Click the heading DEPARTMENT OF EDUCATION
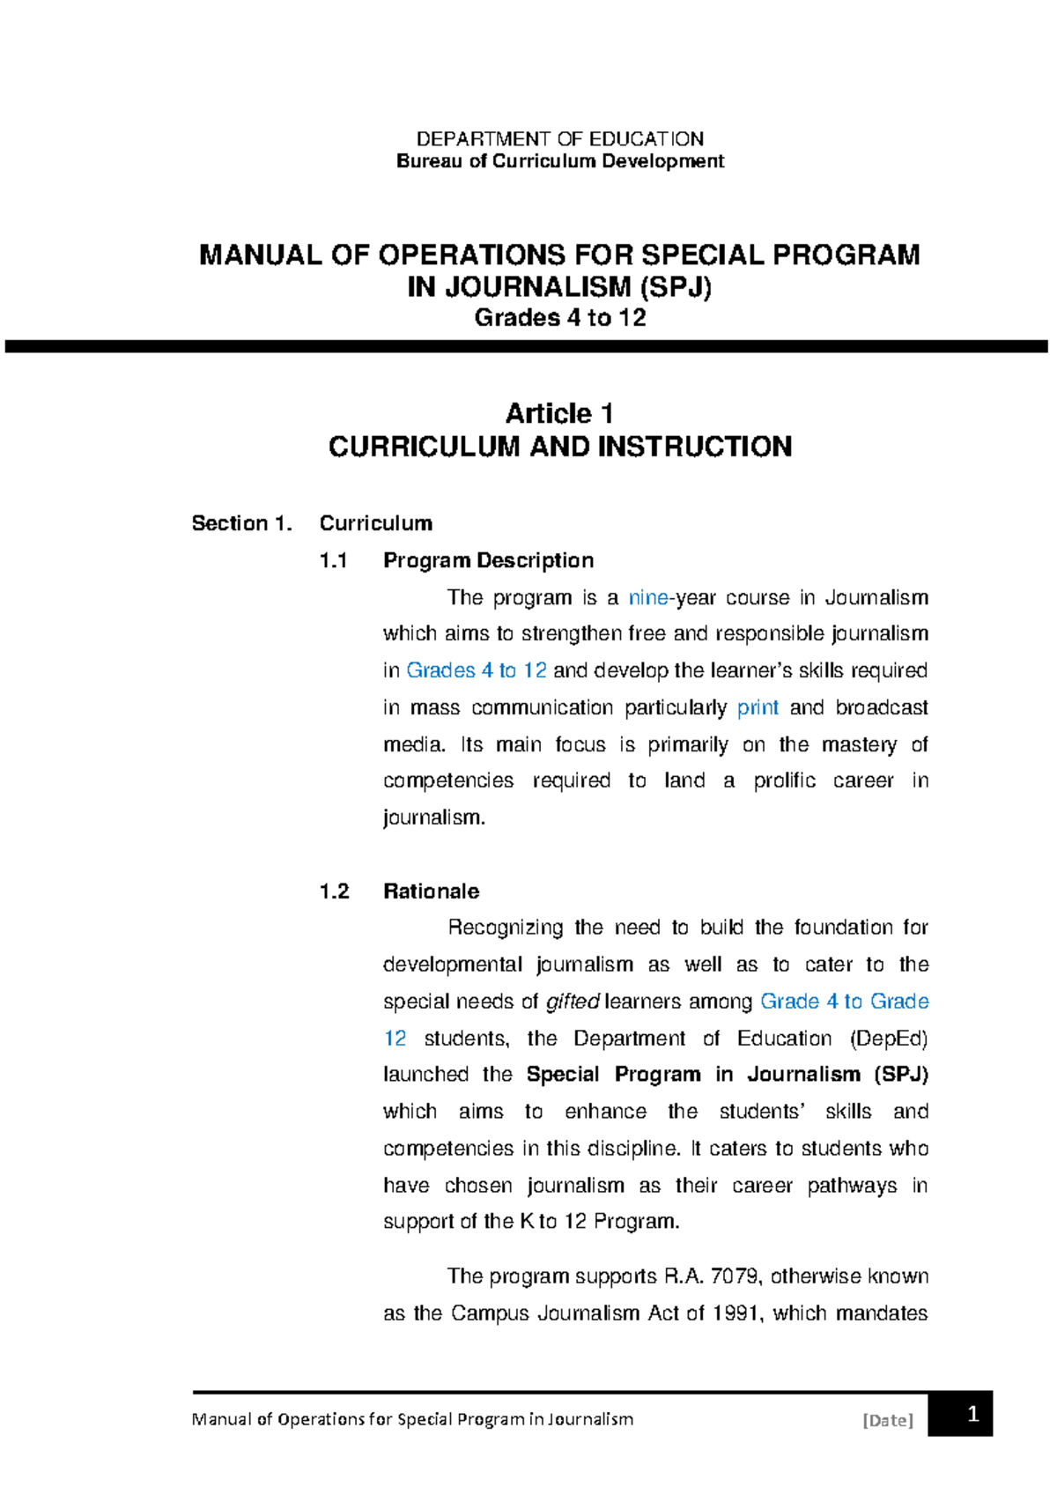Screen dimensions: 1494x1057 coord(559,139)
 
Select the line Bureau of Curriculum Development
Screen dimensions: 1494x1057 coord(559,161)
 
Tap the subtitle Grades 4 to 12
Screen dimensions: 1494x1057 coord(559,318)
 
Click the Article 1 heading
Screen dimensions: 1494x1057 coord(559,413)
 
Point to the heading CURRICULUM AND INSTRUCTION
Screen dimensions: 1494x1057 coord(559,447)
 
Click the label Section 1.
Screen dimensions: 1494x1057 coord(241,523)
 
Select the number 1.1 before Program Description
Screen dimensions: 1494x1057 coord(334,560)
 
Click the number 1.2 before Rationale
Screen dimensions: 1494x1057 coord(334,891)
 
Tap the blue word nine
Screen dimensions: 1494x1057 coord(647,598)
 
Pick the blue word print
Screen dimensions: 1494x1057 coord(758,708)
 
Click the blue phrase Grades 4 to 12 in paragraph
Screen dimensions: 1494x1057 coord(477,671)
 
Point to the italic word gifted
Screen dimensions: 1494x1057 coord(573,1002)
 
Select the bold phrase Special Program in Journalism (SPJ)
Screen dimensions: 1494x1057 coord(727,1075)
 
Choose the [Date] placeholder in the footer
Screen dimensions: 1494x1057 coord(888,1420)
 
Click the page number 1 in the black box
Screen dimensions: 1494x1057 coord(972,1415)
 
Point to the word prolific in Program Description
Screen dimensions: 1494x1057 coord(784,781)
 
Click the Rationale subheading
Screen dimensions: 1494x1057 coord(431,891)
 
